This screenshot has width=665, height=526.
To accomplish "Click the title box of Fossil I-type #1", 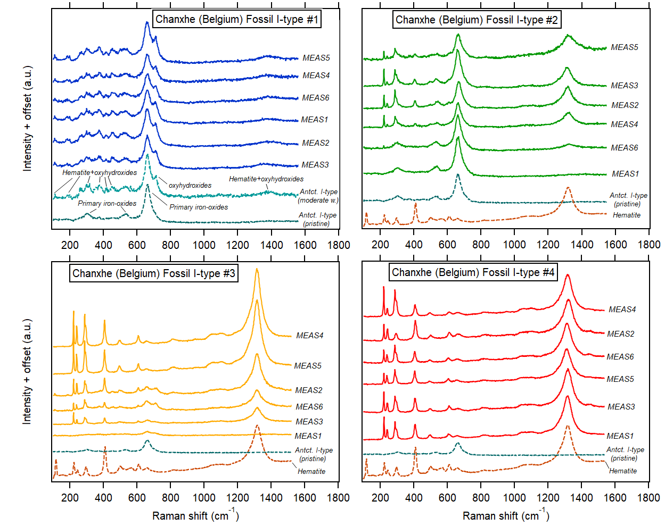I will click(237, 20).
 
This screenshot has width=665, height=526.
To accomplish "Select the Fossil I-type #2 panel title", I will click(477, 20).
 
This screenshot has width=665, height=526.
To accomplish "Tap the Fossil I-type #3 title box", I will click(153, 273).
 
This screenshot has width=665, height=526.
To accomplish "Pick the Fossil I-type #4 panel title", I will click(473, 272).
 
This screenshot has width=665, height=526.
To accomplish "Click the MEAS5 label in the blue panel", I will click(316, 58).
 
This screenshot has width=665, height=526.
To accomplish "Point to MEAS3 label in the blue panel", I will click(315, 165).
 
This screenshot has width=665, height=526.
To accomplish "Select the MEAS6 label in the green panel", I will click(625, 148).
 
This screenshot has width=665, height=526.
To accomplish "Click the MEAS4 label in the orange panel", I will click(310, 336).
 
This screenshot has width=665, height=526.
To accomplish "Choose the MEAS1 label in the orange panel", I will click(308, 436).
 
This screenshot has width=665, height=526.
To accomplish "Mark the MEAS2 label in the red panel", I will click(621, 334).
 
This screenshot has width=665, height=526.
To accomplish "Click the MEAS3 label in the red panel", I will click(621, 407).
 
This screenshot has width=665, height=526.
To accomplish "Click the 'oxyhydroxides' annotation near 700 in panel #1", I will click(190, 186).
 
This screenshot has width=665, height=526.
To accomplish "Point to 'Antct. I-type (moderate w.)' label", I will click(318, 196).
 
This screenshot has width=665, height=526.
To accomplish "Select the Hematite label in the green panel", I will click(627, 215).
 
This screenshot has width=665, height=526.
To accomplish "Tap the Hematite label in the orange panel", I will click(311, 472).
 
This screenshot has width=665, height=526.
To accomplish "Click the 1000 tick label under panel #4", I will click(514, 498).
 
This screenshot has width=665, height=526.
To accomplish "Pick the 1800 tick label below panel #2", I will click(649, 245).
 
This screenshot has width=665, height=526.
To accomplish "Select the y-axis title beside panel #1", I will click(27, 118).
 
